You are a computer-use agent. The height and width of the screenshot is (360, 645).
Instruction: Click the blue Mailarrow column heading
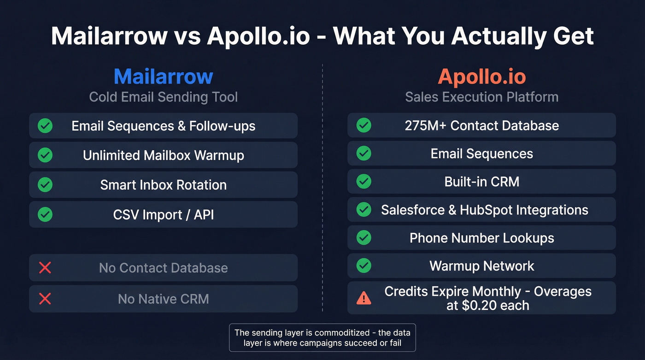pyautogui.click(x=163, y=77)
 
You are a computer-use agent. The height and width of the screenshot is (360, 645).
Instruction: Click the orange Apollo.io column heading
pyautogui.click(x=481, y=77)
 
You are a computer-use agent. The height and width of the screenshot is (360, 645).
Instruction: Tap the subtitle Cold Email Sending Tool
pyautogui.click(x=163, y=97)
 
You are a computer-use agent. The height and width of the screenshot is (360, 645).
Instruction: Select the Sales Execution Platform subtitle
pyautogui.click(x=481, y=97)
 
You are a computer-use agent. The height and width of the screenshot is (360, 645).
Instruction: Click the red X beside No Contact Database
pyautogui.click(x=45, y=268)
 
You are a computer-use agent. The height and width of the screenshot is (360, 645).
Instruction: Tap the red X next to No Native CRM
pyautogui.click(x=45, y=299)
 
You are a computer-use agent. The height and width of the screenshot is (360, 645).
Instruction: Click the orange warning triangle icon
pyautogui.click(x=364, y=298)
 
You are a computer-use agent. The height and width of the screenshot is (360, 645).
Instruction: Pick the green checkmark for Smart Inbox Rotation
pyautogui.click(x=45, y=185)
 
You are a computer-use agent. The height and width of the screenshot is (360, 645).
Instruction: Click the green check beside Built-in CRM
pyautogui.click(x=364, y=182)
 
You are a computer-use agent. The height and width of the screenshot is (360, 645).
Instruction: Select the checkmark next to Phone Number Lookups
pyautogui.click(x=364, y=238)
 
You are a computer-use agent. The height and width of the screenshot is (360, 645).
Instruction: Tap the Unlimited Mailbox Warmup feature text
pyautogui.click(x=163, y=155)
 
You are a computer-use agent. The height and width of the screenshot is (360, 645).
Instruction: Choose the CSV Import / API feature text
pyautogui.click(x=163, y=214)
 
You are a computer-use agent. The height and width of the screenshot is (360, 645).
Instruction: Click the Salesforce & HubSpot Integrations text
pyautogui.click(x=484, y=210)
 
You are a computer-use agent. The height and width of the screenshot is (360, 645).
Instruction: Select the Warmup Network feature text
pyautogui.click(x=481, y=266)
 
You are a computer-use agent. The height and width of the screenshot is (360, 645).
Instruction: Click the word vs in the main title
pyautogui.click(x=187, y=36)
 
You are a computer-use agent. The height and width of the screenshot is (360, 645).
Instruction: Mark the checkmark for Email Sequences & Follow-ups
pyautogui.click(x=45, y=126)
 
